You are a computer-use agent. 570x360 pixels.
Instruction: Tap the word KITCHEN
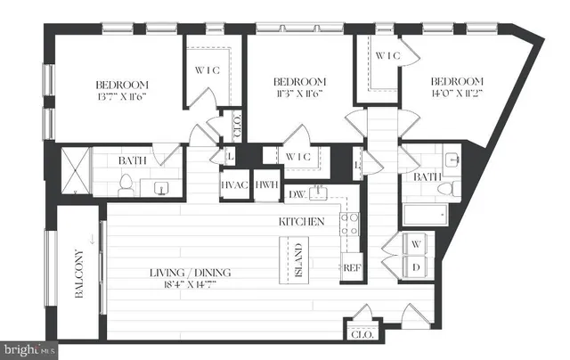[x=301, y=221]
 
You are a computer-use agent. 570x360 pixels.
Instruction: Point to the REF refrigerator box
[x=351, y=267]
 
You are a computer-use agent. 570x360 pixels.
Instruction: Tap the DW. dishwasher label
[x=297, y=193]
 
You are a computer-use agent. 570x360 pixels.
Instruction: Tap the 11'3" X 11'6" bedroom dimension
[x=299, y=92]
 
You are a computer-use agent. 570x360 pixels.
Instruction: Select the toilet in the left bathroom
[x=126, y=185]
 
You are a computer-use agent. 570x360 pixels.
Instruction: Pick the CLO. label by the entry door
[x=361, y=336]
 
